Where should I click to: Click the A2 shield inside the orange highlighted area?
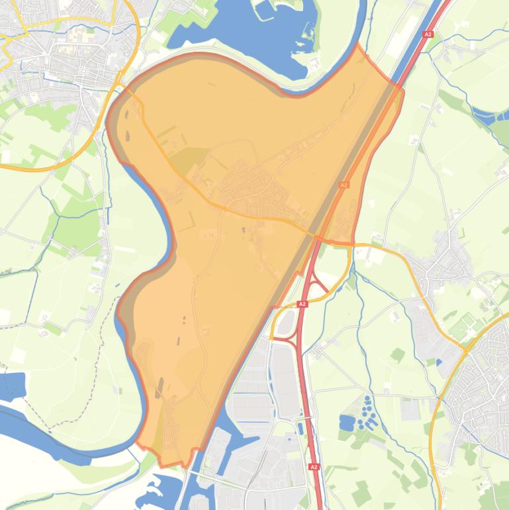[x=344, y=185]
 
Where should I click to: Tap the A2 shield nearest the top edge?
[x=428, y=34]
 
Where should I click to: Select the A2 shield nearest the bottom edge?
[x=314, y=467]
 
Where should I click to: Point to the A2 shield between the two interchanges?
[x=302, y=304]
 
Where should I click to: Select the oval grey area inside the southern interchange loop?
[x=287, y=323]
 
